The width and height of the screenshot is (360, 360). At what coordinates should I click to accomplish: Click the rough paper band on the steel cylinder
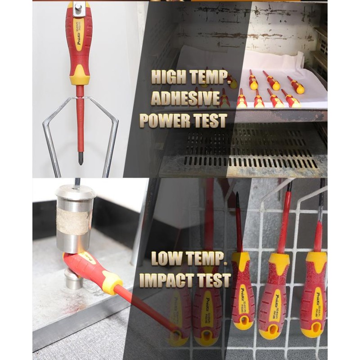[75, 221]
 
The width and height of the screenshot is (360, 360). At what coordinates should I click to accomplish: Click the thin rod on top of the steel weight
[77, 182]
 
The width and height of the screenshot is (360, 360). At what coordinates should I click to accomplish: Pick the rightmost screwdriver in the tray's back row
[296, 85]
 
